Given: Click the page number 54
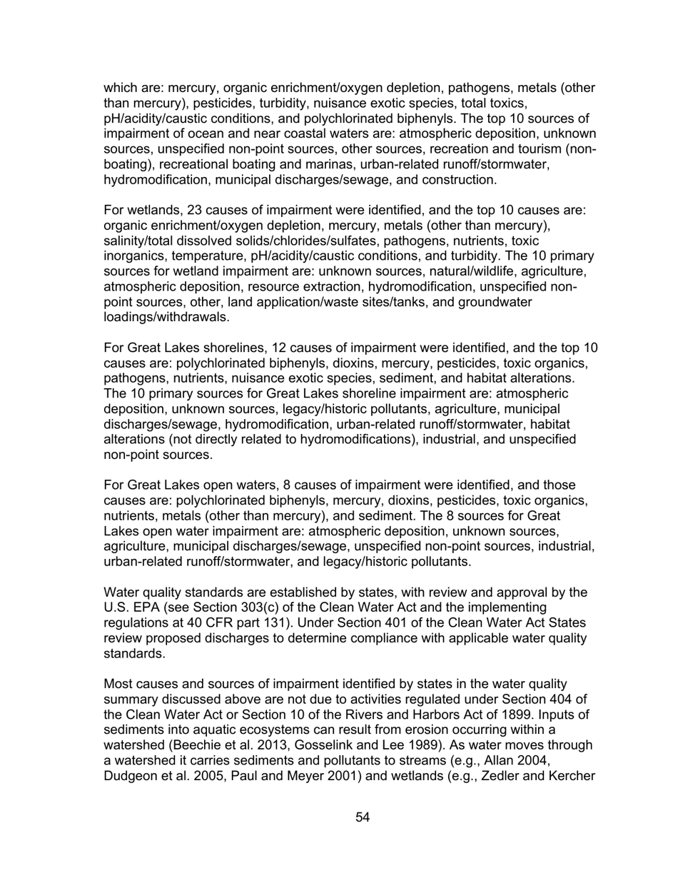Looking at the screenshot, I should (x=363, y=817).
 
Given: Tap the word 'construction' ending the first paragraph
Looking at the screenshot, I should (x=461, y=180).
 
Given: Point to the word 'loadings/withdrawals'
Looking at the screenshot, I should (x=166, y=318).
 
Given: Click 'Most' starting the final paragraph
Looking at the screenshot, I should (x=118, y=685).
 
